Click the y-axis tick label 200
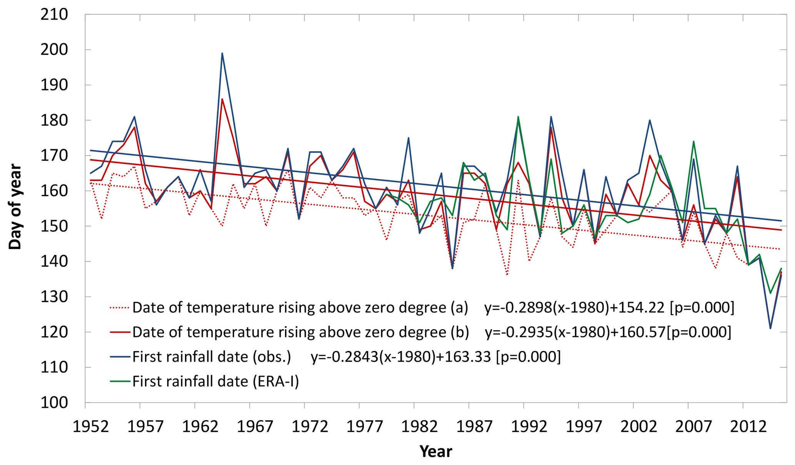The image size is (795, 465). coord(54,50)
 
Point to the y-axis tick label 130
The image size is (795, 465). coord(54,297)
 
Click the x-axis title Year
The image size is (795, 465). coord(435,451)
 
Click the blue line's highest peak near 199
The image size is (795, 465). coord(222,53)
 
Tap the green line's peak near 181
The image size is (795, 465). coord(518,117)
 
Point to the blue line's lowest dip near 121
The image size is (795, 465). coord(770,328)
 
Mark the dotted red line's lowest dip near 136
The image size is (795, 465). coord(507,275)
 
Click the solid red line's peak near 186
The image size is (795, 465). coord(222,99)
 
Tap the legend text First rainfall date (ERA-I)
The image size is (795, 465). coord(215,381)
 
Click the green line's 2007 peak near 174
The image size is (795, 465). coord(693,142)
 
